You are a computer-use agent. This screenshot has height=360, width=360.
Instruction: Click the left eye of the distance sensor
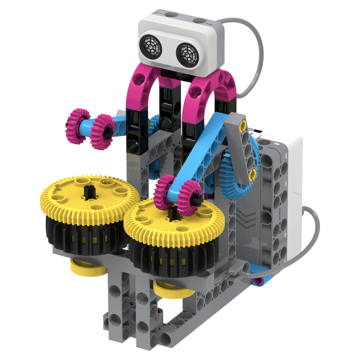pos(151,47)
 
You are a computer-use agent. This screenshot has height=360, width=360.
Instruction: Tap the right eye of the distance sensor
pos(188,55)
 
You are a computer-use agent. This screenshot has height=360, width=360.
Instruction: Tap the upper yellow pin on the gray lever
pos(243,126)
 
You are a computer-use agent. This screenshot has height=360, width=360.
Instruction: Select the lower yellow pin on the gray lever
pos(253,174)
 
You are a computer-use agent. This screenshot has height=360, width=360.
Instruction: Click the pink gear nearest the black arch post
pos(102,132)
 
